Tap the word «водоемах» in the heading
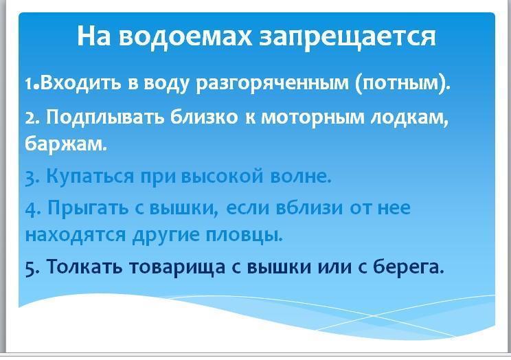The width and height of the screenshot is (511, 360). [185, 36]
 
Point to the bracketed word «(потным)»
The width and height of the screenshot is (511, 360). [402, 84]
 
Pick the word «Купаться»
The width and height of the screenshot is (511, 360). [90, 177]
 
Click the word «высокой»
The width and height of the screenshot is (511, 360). [222, 177]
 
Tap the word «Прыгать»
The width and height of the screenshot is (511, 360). [88, 208]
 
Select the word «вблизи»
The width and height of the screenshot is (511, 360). [309, 207]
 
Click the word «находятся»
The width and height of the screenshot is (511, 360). [76, 235]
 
